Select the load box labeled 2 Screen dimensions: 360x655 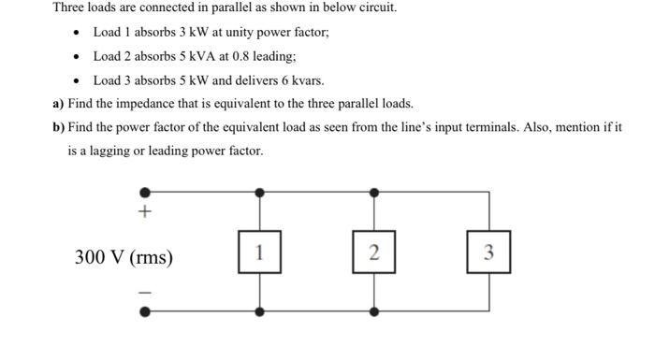[374, 252]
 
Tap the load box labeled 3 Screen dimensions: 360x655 [488, 252]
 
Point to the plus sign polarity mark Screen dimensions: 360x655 [144, 213]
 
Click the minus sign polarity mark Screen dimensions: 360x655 [144, 292]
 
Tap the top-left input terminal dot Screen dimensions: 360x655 [144, 192]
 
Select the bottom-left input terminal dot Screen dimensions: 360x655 [144, 312]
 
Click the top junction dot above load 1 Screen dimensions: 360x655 [259, 192]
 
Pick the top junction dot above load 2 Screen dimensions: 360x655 [374, 192]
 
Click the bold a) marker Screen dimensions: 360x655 [59, 104]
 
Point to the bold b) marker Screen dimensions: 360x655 [59, 127]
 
